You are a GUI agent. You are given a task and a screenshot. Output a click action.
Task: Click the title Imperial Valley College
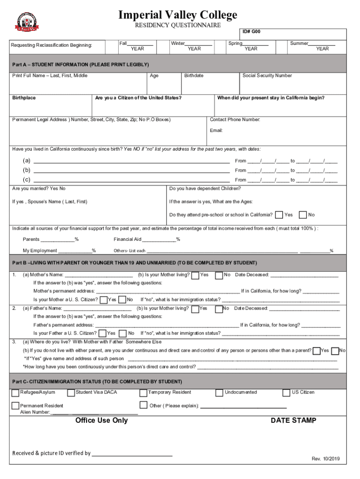(x=178, y=15)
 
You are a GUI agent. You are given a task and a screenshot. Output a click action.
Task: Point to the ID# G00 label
(x=251, y=32)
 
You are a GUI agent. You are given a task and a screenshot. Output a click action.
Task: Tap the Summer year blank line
(x=322, y=44)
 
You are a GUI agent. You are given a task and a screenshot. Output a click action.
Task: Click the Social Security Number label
(x=267, y=76)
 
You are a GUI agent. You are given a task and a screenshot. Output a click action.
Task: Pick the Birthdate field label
(x=194, y=76)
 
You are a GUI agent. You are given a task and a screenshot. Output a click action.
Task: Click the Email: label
(x=216, y=131)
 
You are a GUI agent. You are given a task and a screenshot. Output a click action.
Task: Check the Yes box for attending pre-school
(x=279, y=215)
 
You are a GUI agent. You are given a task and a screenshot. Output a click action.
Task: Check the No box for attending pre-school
(x=303, y=215)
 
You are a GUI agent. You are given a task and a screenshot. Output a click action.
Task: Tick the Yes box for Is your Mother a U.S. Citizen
(x=103, y=299)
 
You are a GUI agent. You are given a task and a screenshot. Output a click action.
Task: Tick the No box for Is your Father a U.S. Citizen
(x=124, y=333)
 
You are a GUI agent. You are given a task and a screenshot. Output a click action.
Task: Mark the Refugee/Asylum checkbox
(x=15, y=393)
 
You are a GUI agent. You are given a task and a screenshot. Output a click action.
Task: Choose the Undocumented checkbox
(x=219, y=393)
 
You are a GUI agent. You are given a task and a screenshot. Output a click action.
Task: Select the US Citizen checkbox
(x=287, y=393)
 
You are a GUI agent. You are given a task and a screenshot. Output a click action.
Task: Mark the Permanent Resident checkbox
(x=15, y=406)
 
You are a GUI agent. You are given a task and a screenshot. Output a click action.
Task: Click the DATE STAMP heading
(x=293, y=421)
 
